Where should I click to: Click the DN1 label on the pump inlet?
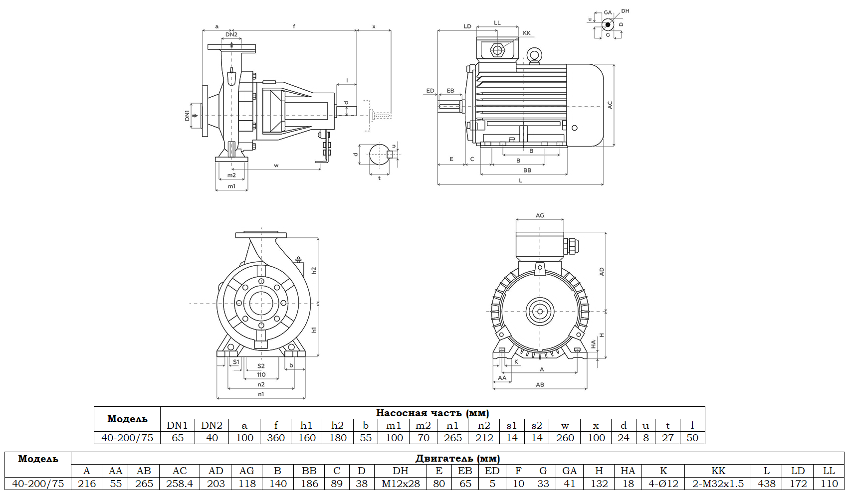[187, 116]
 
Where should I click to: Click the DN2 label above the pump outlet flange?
[231, 34]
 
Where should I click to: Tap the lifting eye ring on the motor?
[535, 55]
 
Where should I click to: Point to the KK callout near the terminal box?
[527, 33]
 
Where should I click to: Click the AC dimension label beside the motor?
[610, 105]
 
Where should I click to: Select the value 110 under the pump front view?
[261, 375]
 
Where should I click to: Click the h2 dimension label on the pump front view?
[314, 270]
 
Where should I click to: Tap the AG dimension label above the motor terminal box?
[540, 215]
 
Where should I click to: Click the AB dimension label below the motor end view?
[540, 385]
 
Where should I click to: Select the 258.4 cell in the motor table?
[180, 484]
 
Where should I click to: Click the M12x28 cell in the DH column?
[401, 484]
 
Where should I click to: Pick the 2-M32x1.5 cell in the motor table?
[718, 484]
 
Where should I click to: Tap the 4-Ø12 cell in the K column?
[663, 484]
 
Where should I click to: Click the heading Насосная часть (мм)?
[432, 413]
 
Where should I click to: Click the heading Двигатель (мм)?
[457, 458]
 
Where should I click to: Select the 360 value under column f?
[276, 438]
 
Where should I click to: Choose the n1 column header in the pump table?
[452, 426]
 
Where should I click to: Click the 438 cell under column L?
[767, 484]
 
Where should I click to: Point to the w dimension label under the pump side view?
[276, 166]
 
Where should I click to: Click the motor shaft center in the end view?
[540, 312]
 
